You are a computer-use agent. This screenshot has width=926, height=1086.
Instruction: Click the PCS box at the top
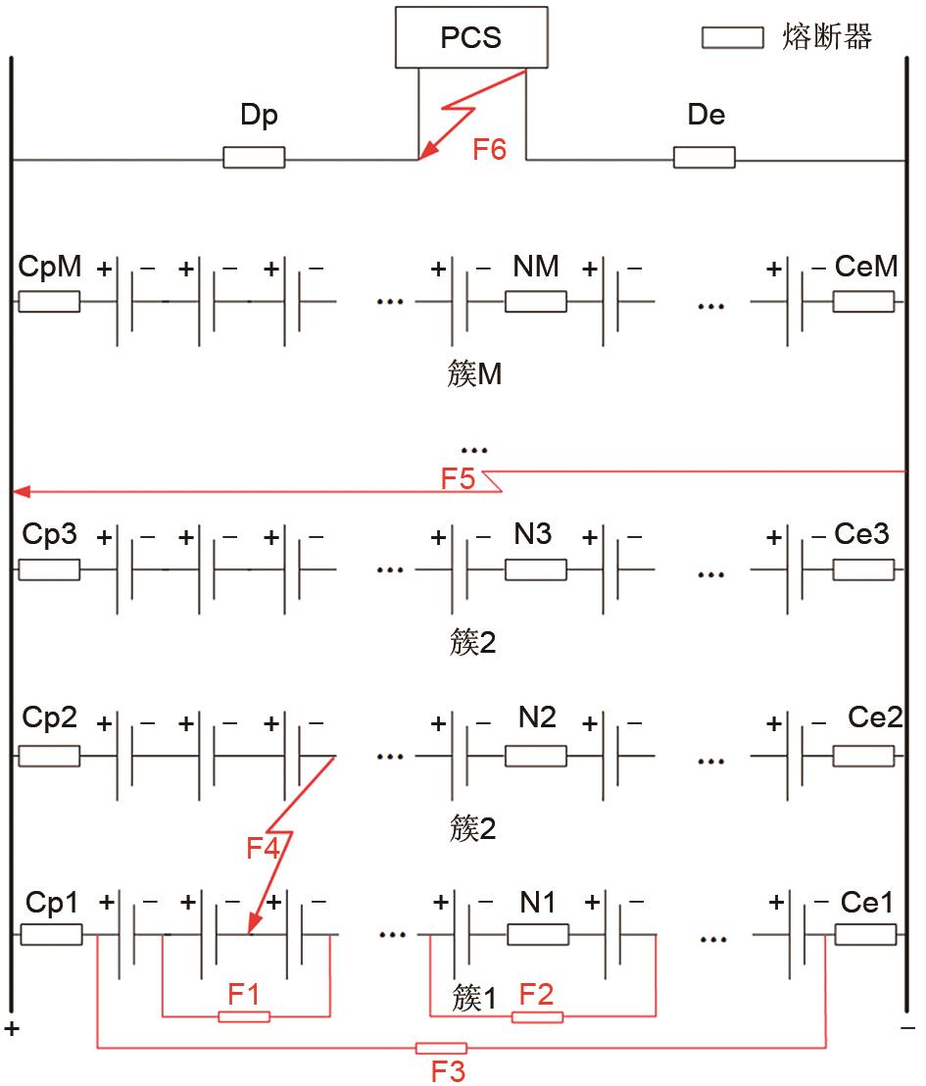[x=471, y=38]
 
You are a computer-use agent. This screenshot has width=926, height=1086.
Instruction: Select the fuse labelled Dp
[x=254, y=157]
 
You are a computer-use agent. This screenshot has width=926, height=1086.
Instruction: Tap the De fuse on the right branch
[x=704, y=157]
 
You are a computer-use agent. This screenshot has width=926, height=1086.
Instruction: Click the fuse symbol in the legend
[x=732, y=38]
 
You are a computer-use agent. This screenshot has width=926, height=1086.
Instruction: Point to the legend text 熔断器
[x=828, y=38]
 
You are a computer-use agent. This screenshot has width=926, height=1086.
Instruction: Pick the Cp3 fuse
[x=49, y=569]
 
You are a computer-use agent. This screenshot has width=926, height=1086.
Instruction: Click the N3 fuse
[x=535, y=569]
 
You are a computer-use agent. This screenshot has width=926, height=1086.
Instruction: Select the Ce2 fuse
[x=863, y=756]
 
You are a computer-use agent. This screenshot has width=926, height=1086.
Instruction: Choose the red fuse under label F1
[x=243, y=1016]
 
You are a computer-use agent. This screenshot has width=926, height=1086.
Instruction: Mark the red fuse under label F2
[x=537, y=1016]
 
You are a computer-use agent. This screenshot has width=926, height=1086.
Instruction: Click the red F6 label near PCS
[x=489, y=151]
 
